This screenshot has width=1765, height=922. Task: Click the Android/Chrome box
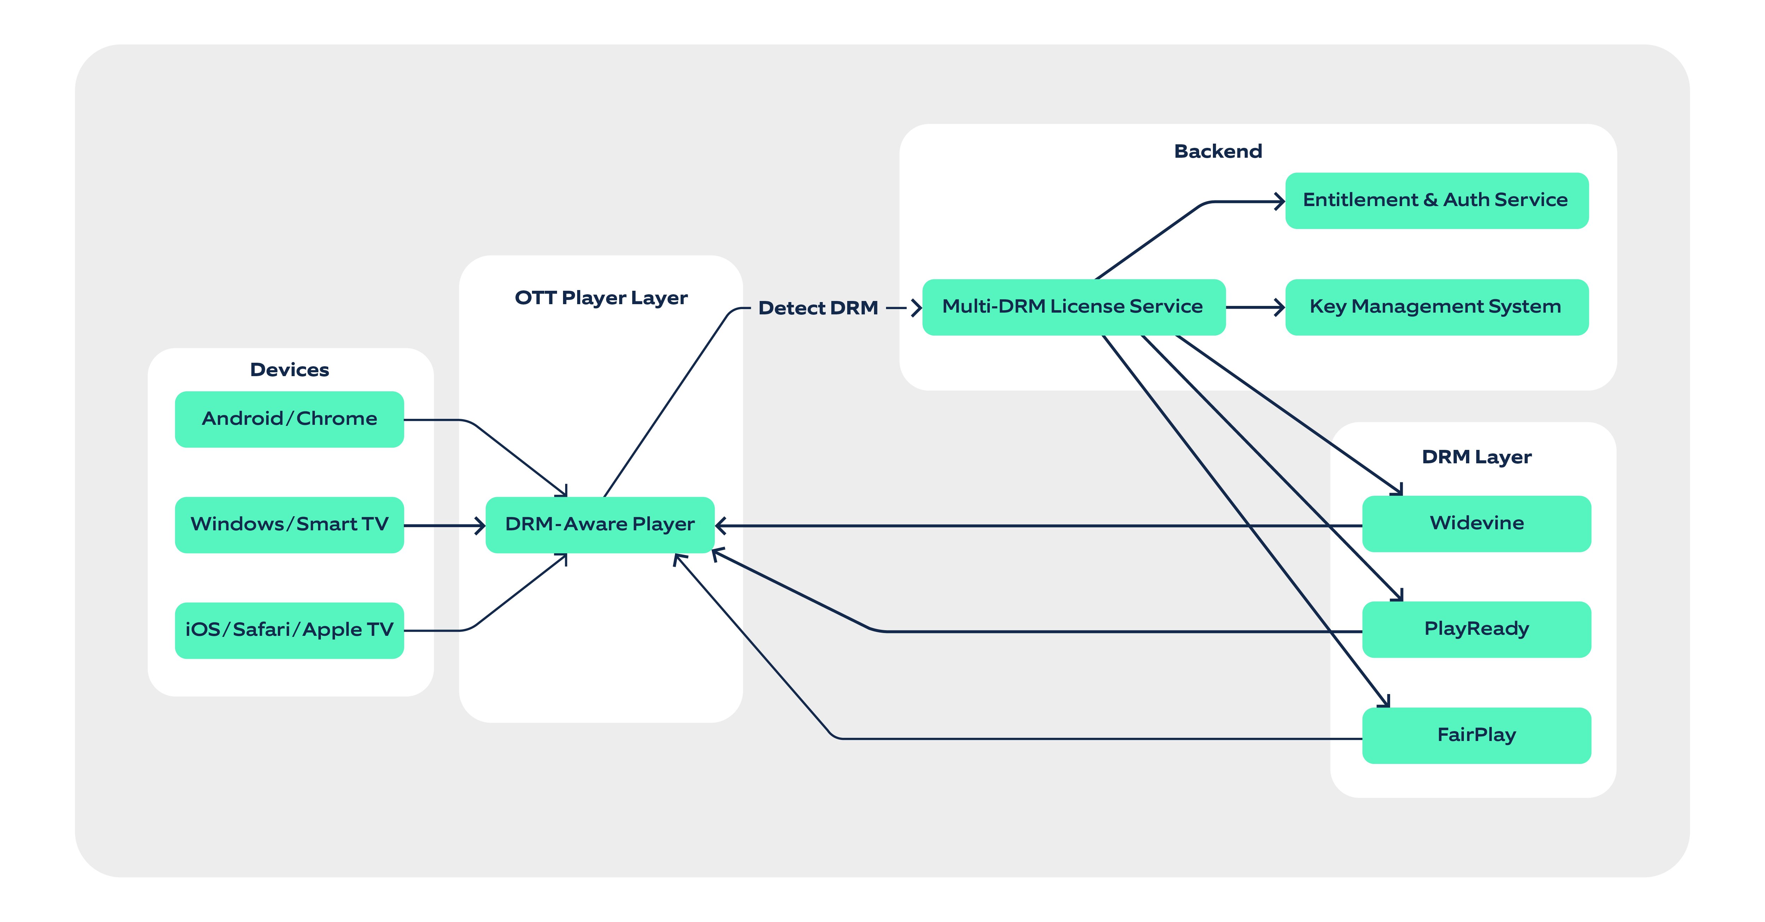pyautogui.click(x=289, y=419)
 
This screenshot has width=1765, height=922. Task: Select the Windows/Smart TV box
pyautogui.click(x=289, y=525)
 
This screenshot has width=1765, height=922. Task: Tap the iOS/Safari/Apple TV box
pyautogui.click(x=289, y=630)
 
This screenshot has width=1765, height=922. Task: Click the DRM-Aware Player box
pyautogui.click(x=599, y=525)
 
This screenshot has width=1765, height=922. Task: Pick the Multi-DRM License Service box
pyautogui.click(x=1073, y=307)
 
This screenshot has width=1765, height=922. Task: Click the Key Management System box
pyautogui.click(x=1436, y=307)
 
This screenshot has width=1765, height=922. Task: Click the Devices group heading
pyautogui.click(x=289, y=370)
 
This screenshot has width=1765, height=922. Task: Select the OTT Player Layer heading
pyautogui.click(x=601, y=298)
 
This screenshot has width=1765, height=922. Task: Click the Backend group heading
pyautogui.click(x=1217, y=151)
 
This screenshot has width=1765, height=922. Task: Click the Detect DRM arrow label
pyautogui.click(x=818, y=308)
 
